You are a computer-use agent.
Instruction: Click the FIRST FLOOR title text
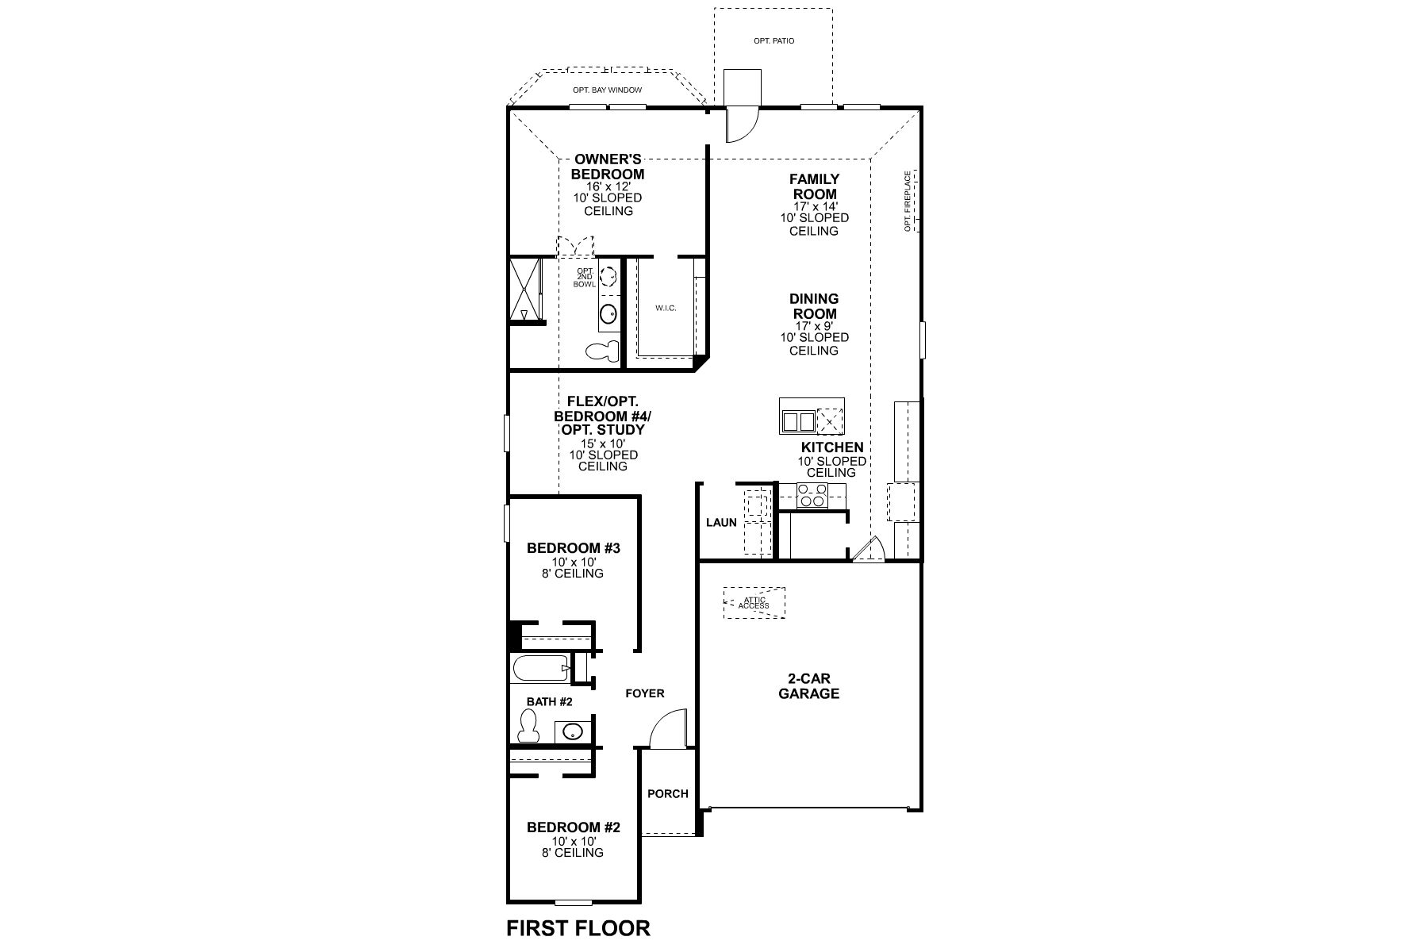pos(578,927)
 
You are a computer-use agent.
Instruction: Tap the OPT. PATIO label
pos(773,40)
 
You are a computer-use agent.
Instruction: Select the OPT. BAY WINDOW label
pos(607,90)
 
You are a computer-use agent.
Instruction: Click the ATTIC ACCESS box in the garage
pos(754,603)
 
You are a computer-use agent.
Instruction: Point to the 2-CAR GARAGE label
pos(808,686)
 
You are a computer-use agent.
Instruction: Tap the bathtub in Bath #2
pos(541,668)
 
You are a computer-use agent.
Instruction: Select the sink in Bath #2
pos(572,731)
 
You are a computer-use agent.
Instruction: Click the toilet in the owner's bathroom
pos(602,350)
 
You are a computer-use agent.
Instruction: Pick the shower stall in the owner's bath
pos(524,290)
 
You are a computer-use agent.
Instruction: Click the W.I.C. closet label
pos(666,308)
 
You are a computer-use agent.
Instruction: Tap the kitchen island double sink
pos(798,420)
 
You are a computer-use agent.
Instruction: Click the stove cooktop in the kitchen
pos(812,496)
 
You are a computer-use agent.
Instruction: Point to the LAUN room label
pos(721,522)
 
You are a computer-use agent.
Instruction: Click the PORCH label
pos(668,793)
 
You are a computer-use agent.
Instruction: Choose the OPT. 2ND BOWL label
pos(585,277)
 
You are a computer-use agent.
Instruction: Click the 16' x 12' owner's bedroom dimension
pos(609,186)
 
